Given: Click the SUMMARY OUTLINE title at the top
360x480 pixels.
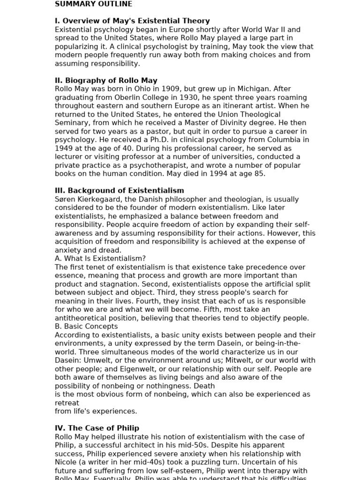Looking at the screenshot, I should (93, 4).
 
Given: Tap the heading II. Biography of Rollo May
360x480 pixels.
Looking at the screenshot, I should (106, 81).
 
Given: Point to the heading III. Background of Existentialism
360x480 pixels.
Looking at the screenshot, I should (119, 191).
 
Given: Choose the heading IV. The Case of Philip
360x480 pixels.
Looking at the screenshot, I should (97, 428).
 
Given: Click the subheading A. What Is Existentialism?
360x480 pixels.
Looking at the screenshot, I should (100, 259).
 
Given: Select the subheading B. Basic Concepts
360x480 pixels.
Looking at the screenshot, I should (86, 327).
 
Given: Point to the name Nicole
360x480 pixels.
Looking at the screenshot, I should (67, 462).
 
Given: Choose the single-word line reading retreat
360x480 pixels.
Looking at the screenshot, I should (67, 403).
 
